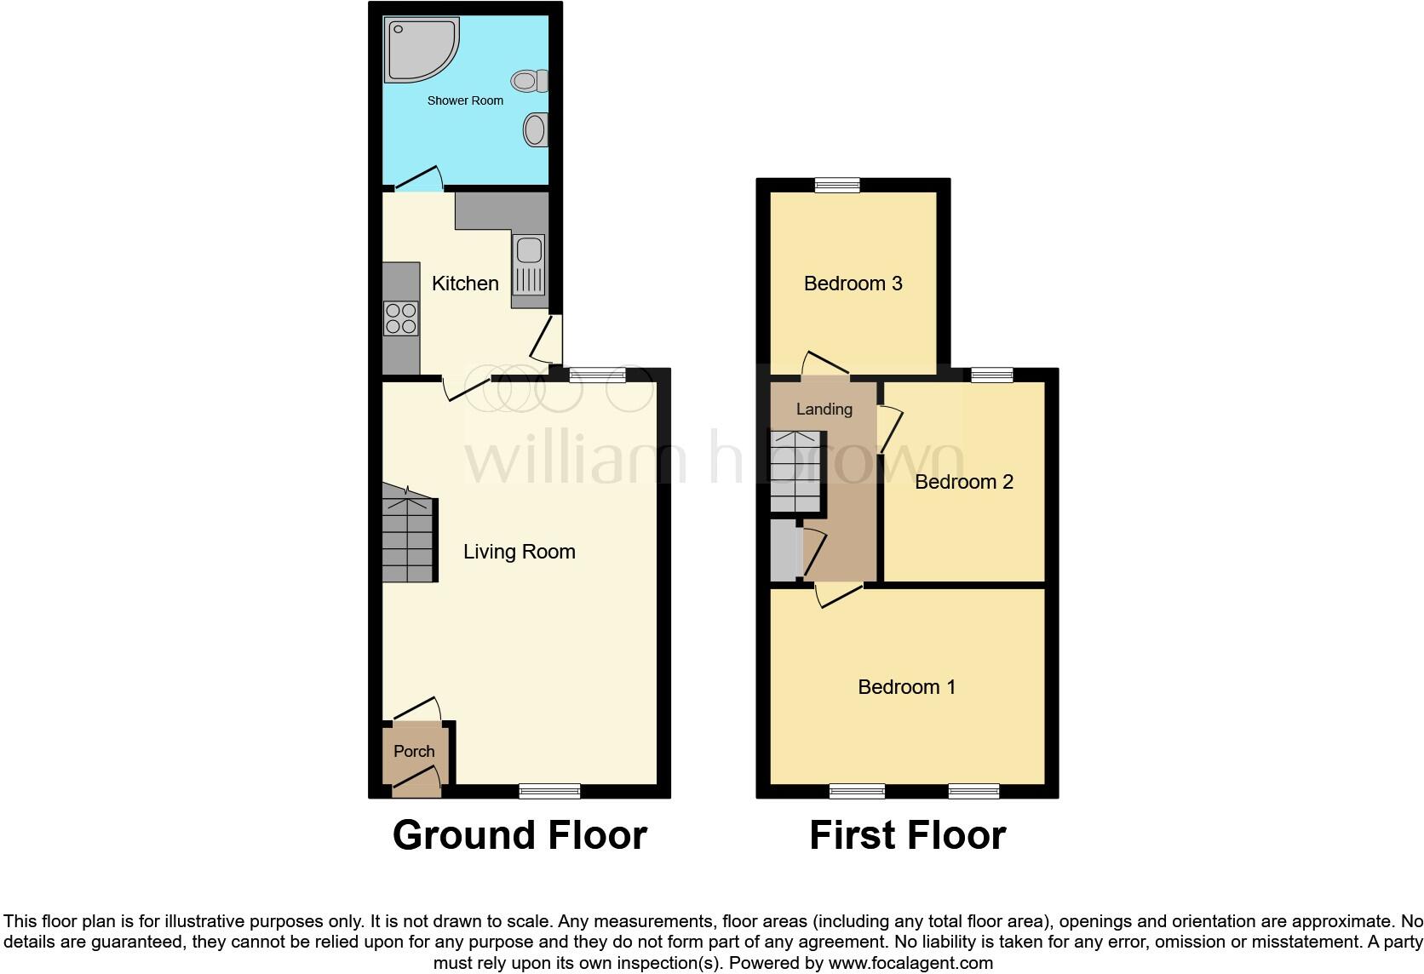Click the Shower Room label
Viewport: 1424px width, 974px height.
465,100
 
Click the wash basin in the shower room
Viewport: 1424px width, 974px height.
535,130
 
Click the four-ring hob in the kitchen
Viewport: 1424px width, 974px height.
400,318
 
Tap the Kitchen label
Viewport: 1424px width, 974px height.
465,284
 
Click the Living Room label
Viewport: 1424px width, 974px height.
519,552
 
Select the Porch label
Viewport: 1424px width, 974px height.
414,751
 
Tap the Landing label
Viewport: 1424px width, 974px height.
824,410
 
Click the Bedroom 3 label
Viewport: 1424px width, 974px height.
853,284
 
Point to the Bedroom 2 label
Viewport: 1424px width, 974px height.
963,482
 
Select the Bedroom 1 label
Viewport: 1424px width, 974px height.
906,687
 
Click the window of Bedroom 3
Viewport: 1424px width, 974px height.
837,185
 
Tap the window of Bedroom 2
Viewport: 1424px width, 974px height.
992,375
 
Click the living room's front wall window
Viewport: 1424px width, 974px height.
549,791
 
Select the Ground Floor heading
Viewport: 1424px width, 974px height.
520,835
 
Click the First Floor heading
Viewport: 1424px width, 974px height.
907,835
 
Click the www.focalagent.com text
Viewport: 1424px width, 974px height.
910,964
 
